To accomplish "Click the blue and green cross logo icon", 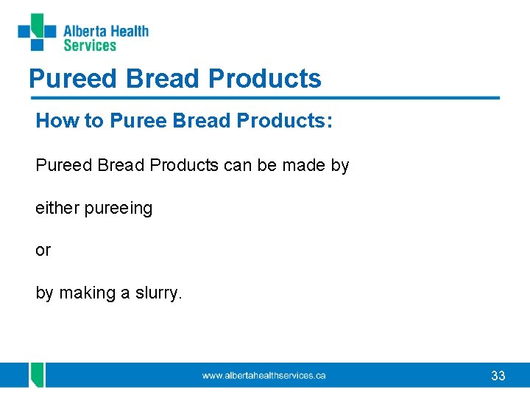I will pyautogui.click(x=37, y=32).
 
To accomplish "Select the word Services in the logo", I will pyautogui.click(x=90, y=46).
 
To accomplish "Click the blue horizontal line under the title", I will pyautogui.click(x=265, y=97).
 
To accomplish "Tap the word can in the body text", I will pyautogui.click(x=237, y=166).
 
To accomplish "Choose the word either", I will pyautogui.click(x=57, y=209).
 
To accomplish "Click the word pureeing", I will pyautogui.click(x=119, y=209).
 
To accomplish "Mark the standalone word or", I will pyautogui.click(x=43, y=251).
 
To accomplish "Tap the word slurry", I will pyautogui.click(x=157, y=293).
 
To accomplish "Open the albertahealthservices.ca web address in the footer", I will pyautogui.click(x=264, y=376).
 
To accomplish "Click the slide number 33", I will pyautogui.click(x=498, y=376).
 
